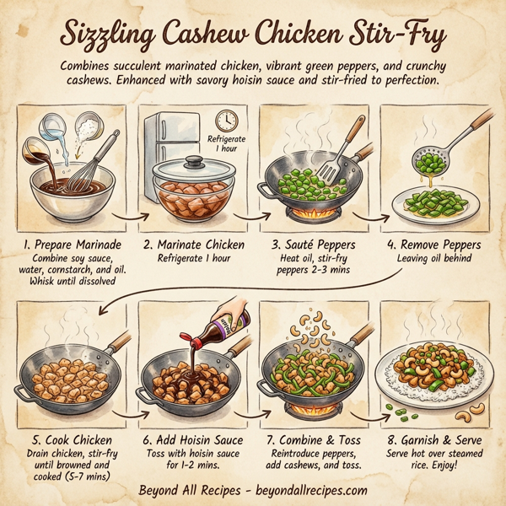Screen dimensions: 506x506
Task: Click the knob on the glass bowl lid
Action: (x=193, y=159)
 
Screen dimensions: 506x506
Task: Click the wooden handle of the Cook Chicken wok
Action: (x=117, y=342)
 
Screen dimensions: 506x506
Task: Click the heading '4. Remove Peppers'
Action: (x=435, y=245)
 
